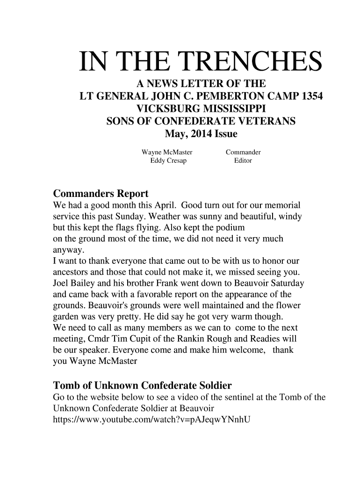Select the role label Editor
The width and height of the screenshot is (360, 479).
[x=243, y=160]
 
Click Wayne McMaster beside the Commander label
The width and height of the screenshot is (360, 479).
[x=167, y=152]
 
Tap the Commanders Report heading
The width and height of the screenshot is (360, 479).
[x=101, y=193]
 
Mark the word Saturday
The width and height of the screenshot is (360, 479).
[x=288, y=283]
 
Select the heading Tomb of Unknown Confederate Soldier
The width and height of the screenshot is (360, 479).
[x=143, y=386]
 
